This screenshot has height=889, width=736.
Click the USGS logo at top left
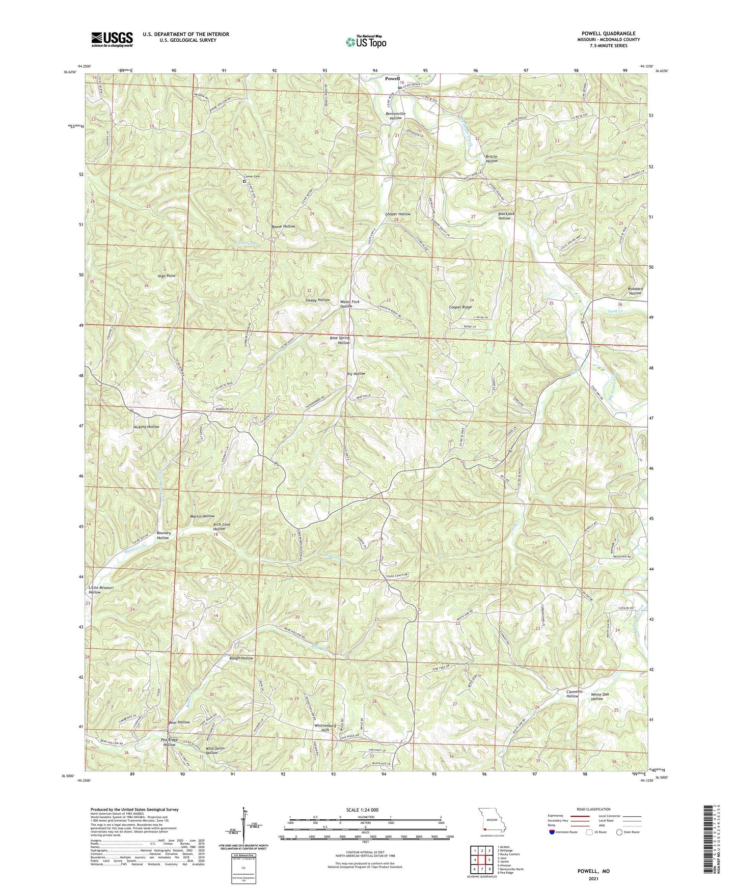click(112, 39)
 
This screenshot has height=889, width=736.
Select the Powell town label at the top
click(392, 78)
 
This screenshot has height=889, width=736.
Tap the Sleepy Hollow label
click(317, 300)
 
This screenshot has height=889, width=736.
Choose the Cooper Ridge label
click(460, 308)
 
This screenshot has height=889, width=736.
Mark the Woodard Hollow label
click(635, 291)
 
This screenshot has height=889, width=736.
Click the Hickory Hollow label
click(146, 427)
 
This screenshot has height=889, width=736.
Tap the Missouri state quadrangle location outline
click(491, 821)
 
